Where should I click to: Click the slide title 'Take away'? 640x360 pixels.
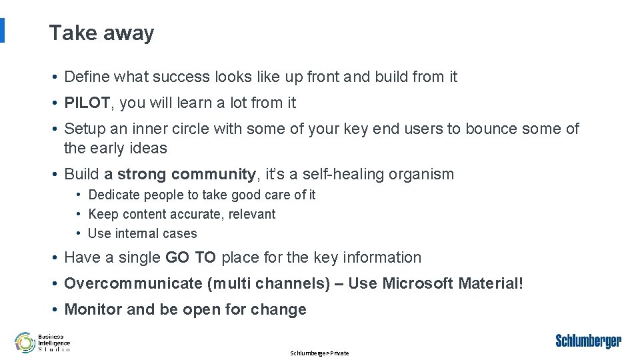[x=101, y=33]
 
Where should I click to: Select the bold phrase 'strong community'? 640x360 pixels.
[x=187, y=175]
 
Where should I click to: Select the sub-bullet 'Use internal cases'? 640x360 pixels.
[x=142, y=233]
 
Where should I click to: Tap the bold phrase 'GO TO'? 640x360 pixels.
[x=190, y=257]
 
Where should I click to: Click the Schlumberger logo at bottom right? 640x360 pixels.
[x=588, y=341]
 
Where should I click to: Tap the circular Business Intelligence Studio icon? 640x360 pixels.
[x=25, y=342]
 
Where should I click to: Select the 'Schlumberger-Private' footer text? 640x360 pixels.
[x=319, y=353]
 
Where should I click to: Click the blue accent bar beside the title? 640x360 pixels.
[x=2, y=31]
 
